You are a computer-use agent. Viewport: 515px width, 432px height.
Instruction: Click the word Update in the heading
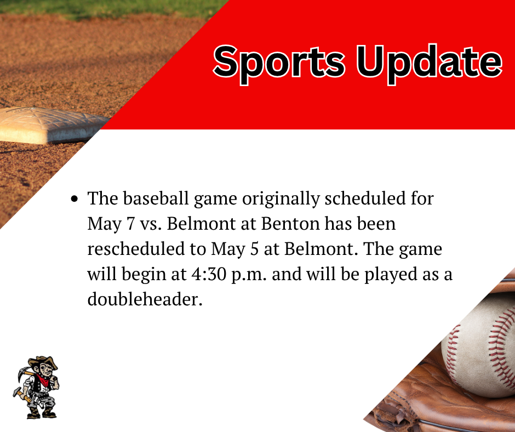(429, 62)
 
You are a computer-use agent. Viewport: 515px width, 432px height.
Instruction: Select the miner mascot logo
(36, 386)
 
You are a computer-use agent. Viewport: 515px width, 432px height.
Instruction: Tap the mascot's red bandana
(41, 380)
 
